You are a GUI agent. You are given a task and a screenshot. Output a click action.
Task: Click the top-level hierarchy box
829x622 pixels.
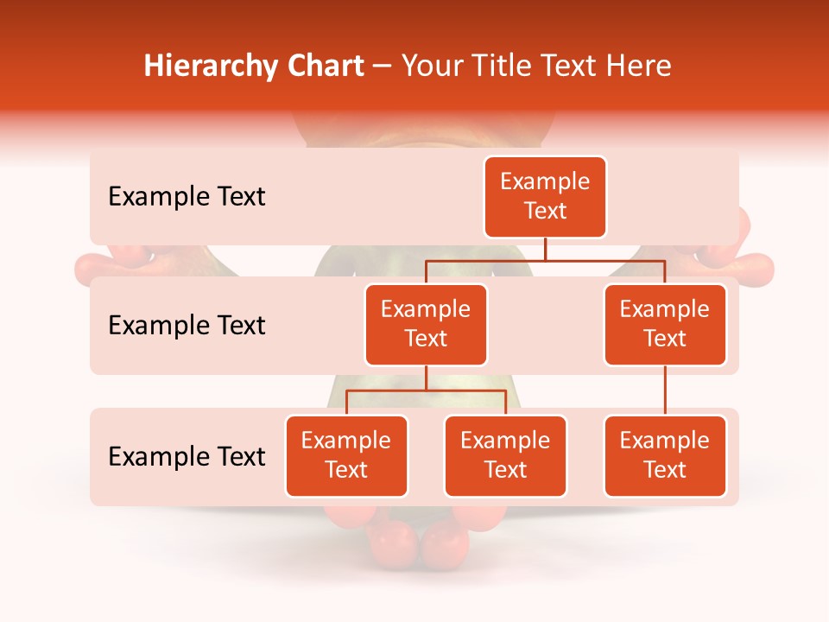click(x=545, y=197)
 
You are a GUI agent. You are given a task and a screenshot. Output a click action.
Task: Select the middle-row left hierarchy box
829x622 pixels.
click(x=426, y=325)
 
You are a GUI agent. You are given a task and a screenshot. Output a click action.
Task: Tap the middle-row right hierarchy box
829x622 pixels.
click(x=665, y=325)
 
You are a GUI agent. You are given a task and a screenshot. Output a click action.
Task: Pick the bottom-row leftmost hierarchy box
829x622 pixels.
click(x=346, y=456)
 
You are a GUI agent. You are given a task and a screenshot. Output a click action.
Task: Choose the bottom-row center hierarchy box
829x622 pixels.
click(x=505, y=456)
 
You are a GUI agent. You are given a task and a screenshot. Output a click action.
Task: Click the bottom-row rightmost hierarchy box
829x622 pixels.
click(x=665, y=456)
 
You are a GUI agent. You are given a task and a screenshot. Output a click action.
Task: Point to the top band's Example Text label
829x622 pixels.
click(x=187, y=197)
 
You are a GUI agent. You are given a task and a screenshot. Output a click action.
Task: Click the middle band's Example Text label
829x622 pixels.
click(x=187, y=326)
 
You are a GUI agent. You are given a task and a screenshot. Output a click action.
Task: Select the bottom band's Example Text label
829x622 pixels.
click(x=187, y=457)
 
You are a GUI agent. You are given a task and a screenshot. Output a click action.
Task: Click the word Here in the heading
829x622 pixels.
click(x=640, y=66)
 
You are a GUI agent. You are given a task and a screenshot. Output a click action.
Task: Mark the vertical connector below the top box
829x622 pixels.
click(x=545, y=249)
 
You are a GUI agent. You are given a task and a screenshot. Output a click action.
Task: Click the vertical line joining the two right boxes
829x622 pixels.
click(x=665, y=390)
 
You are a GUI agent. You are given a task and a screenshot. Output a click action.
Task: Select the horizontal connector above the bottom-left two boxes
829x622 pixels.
click(x=426, y=390)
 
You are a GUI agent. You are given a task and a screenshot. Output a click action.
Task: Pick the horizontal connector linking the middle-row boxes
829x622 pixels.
click(x=545, y=259)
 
